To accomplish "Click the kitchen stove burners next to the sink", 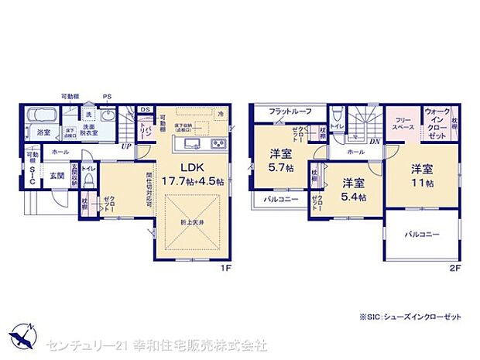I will [218, 143].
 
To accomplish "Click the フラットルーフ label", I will [290, 112].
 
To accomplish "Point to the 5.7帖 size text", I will [279, 168].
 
